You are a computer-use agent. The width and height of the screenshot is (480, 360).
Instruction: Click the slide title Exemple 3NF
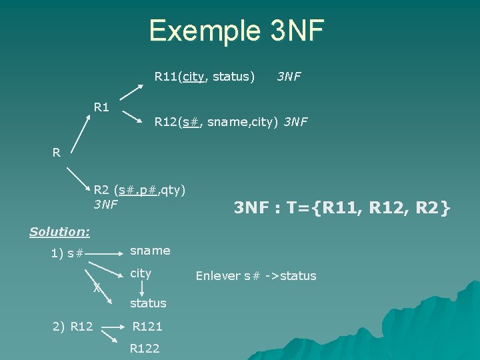point(236,31)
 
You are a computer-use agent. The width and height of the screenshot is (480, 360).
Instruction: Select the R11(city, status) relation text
point(205,77)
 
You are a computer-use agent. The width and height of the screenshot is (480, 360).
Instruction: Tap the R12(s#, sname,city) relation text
point(219,122)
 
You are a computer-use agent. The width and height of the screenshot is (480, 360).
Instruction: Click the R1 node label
point(102,107)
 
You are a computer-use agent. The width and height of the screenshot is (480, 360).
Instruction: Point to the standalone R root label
point(57,153)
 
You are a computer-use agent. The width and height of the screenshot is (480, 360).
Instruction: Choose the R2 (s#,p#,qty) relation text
point(139,190)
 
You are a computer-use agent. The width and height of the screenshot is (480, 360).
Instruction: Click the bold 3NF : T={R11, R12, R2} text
point(342,209)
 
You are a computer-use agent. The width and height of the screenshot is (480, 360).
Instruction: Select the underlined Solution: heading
point(60,232)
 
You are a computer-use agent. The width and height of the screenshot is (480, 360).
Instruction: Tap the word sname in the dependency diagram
point(150,251)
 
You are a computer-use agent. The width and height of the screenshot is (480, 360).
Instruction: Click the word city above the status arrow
point(141,273)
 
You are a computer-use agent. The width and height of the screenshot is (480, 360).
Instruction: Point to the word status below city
point(148,303)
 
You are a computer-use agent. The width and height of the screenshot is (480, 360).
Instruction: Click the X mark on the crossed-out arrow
point(97,287)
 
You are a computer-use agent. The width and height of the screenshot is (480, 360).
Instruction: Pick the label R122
point(145,348)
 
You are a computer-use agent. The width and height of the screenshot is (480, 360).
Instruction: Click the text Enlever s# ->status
point(256,276)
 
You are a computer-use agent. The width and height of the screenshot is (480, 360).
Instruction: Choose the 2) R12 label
point(73,327)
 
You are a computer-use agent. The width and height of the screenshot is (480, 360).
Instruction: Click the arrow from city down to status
point(141,288)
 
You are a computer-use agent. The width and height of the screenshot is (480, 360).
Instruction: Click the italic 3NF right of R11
point(289,77)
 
